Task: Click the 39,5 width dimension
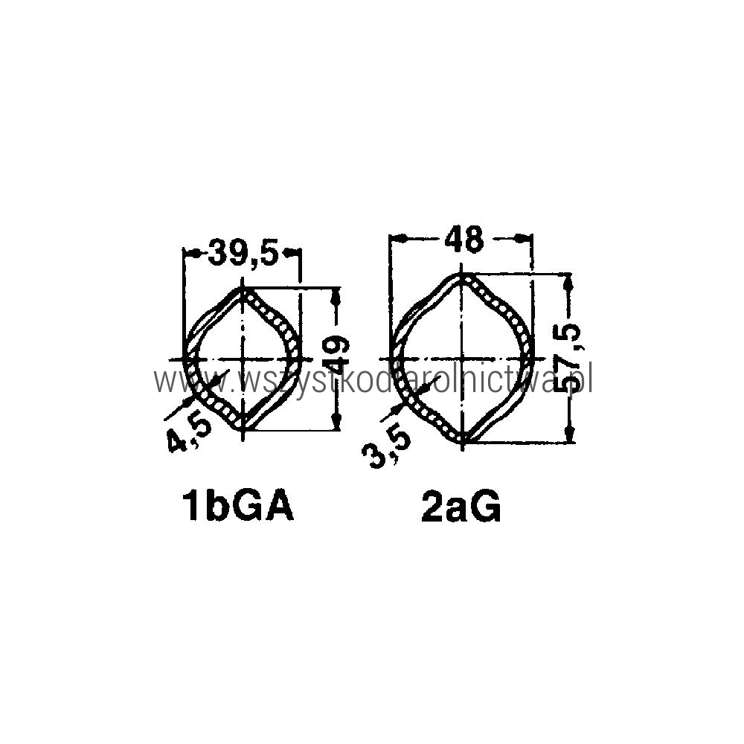[243, 255]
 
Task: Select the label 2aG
[461, 508]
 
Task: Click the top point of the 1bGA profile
[243, 287]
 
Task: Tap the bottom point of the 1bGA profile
[243, 429]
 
